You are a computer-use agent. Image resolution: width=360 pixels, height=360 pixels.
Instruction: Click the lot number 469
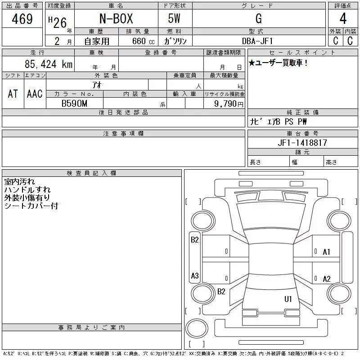pos(22,19)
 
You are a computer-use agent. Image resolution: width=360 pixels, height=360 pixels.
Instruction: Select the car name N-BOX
pos(116,18)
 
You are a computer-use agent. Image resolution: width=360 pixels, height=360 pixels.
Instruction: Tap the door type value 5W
pos(174,18)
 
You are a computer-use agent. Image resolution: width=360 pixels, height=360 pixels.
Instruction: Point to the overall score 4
pos(343,18)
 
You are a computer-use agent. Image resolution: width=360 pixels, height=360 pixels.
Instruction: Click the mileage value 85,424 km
pos(49,64)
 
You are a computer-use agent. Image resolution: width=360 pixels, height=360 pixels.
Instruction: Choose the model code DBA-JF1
pos(257,41)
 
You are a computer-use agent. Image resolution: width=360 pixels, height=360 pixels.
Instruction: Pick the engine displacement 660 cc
pos(143,41)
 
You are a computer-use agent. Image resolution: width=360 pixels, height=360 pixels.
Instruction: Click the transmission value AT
pos(13,94)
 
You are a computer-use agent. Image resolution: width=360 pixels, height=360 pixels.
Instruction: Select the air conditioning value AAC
pos(35,94)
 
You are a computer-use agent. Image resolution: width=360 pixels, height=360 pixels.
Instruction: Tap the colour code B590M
pos(74,103)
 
